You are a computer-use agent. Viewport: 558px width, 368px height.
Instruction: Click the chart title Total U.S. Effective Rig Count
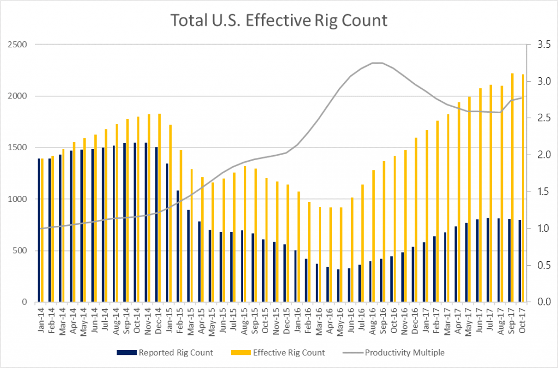pyautogui.click(x=278, y=21)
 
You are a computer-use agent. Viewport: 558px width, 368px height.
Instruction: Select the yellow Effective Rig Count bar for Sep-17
pyautogui.click(x=512, y=188)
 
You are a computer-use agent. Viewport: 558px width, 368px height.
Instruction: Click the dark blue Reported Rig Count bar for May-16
pyautogui.click(x=338, y=286)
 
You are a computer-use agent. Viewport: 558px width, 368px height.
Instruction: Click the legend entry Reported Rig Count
pyautogui.click(x=165, y=352)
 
